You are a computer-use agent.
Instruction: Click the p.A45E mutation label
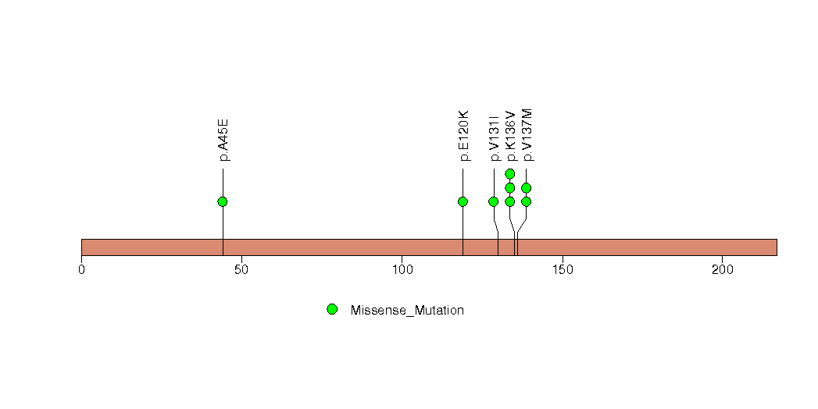[x=223, y=140]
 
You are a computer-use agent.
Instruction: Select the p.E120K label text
[x=463, y=136]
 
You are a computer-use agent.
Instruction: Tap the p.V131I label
[x=494, y=137]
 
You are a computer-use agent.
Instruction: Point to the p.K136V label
[x=510, y=136]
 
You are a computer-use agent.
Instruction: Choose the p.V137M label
[x=527, y=135]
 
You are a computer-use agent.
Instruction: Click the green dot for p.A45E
[x=223, y=201]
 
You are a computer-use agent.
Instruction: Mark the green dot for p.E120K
[x=463, y=201]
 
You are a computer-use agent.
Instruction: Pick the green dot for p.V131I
[x=494, y=201]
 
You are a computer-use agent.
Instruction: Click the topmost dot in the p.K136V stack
[x=510, y=173]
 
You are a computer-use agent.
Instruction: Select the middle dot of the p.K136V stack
[x=510, y=187]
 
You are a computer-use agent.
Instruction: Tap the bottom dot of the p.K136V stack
[x=510, y=201]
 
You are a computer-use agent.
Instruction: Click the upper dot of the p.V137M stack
[x=527, y=187]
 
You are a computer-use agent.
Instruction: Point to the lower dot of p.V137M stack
[x=527, y=201]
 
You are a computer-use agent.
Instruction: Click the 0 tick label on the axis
[x=82, y=269]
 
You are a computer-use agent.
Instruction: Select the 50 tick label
[x=241, y=269]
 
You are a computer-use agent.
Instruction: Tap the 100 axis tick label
[x=402, y=269]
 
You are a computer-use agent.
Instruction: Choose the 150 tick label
[x=563, y=269]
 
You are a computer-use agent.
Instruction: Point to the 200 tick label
[x=723, y=269]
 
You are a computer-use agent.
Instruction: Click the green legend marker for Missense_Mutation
[x=332, y=310]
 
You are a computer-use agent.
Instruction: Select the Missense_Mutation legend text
[x=407, y=311]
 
